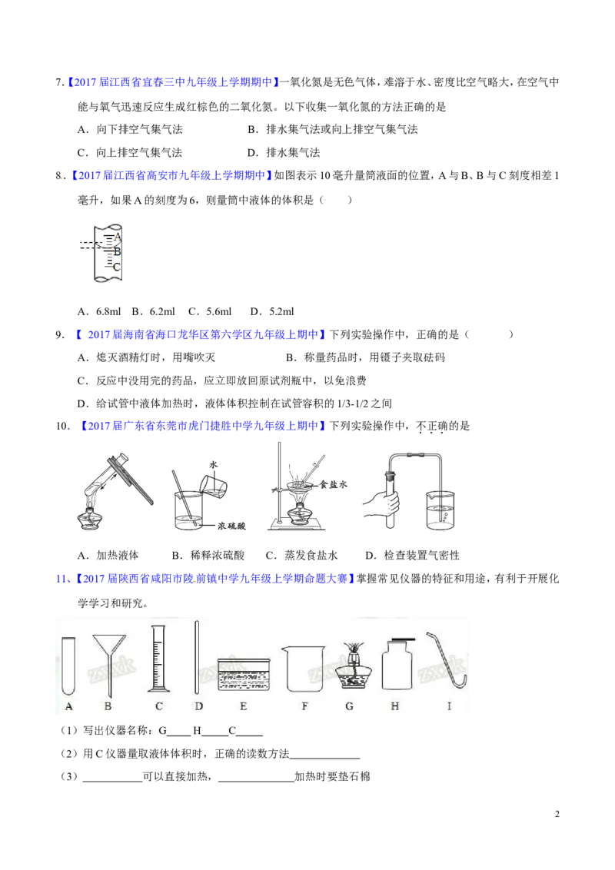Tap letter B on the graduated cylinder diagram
tap(117, 252)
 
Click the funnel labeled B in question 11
tap(109, 664)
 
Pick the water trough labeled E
tap(243, 673)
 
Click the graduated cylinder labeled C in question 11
tap(158, 659)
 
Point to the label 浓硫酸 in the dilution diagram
tap(231, 526)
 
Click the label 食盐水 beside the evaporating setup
tap(333, 484)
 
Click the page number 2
tap(557, 814)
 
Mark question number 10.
tap(62, 426)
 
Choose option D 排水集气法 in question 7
tap(284, 153)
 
